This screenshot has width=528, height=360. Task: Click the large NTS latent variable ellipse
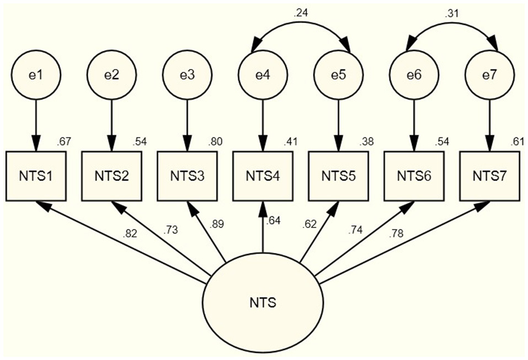point(263,303)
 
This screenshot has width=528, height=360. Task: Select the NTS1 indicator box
point(36,176)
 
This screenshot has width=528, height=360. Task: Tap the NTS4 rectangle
point(263,176)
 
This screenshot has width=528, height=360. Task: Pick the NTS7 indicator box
point(489,176)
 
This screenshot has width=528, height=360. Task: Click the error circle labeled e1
point(36,75)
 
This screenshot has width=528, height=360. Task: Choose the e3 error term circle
point(187,75)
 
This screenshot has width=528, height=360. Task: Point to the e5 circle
point(338,75)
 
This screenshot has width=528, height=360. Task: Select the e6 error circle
point(413,75)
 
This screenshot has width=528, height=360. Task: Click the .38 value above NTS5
point(366,142)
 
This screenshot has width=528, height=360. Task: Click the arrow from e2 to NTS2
point(112,124)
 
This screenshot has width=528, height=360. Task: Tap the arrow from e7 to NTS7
point(489,124)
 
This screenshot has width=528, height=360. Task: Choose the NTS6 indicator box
point(413,176)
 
